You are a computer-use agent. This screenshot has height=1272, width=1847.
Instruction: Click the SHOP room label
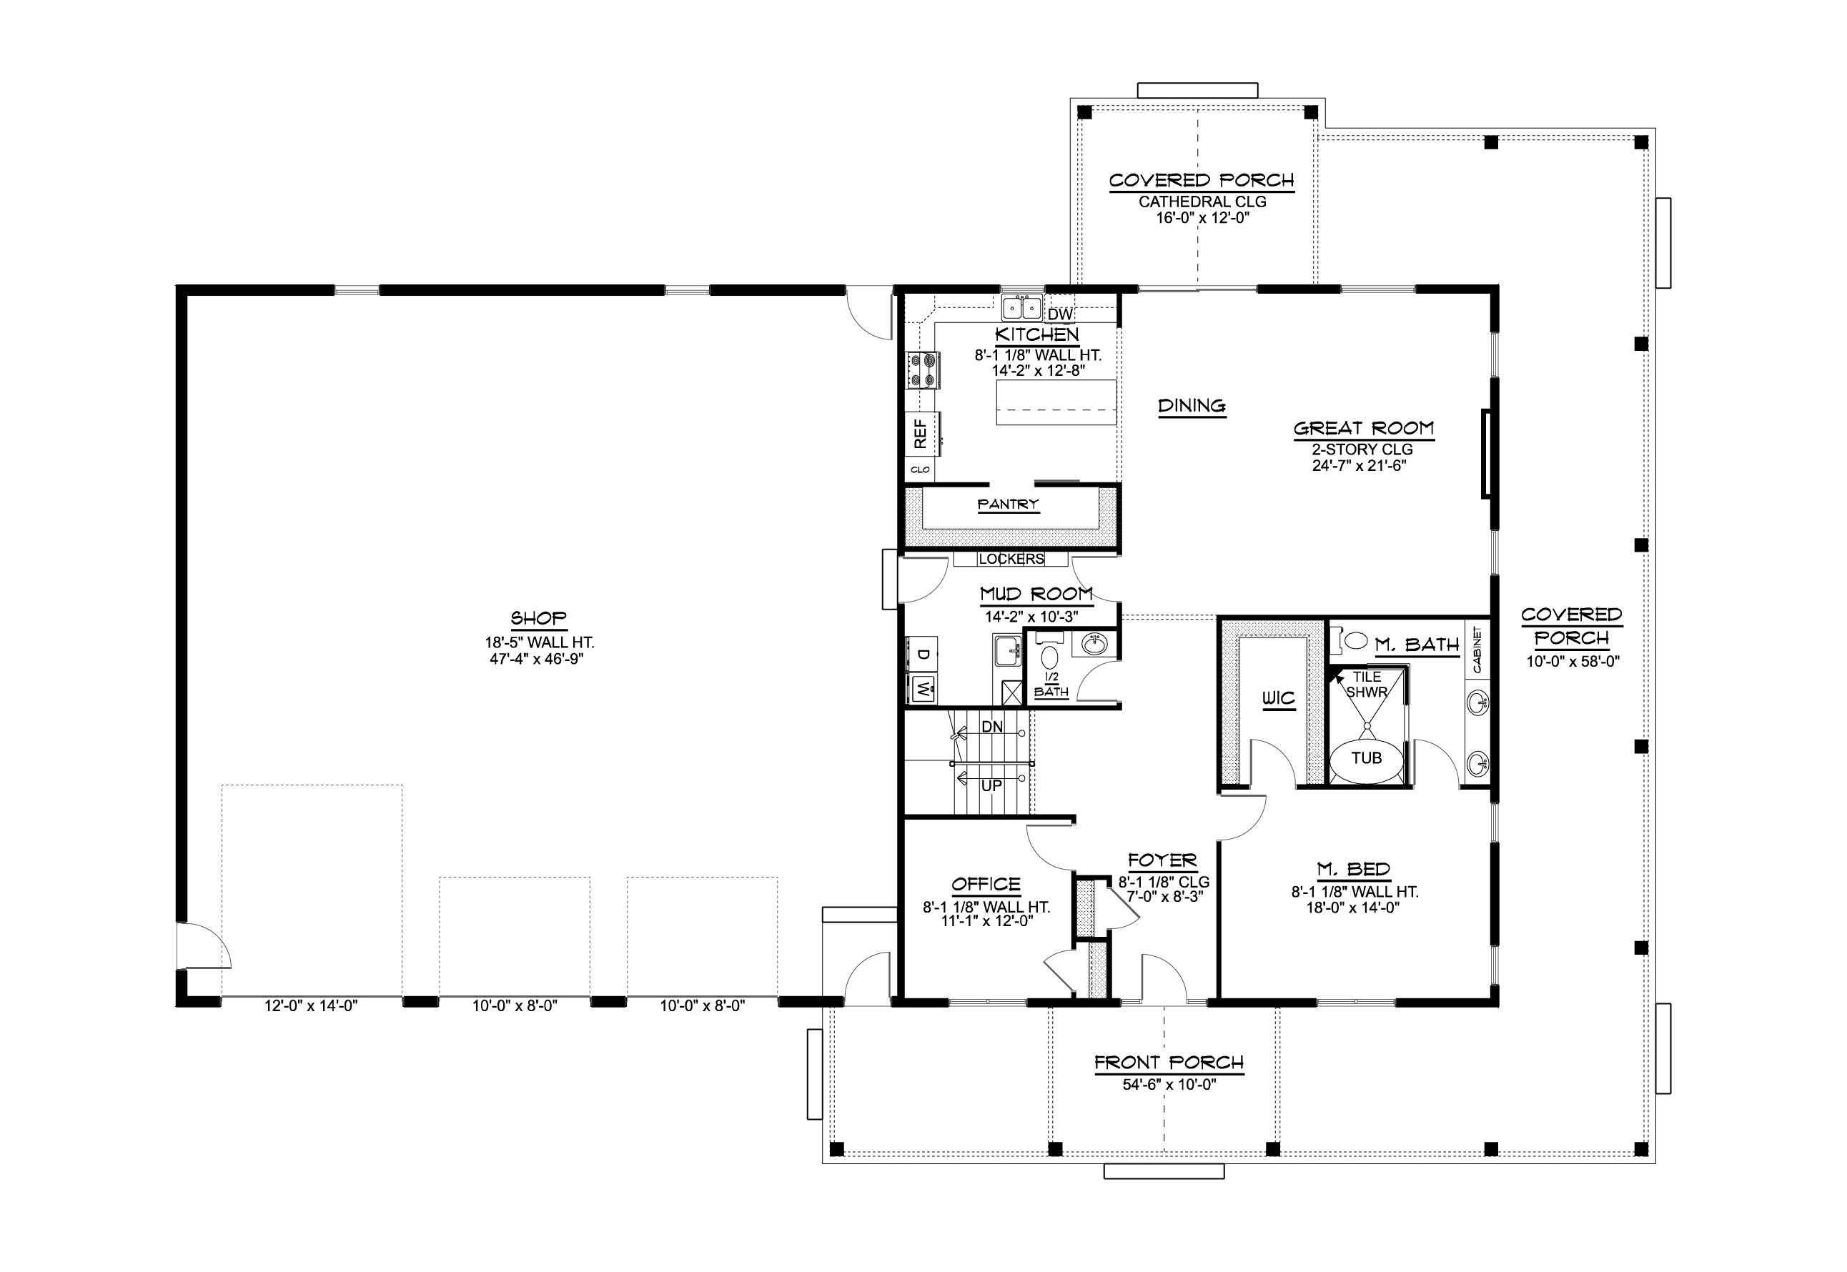538,617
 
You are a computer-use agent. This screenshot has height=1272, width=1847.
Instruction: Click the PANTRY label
1009,505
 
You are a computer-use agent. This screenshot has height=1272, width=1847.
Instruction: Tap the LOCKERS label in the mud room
1011,560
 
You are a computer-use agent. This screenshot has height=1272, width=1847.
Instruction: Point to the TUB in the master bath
1367,758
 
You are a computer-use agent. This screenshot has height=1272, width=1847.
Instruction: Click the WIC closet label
1278,700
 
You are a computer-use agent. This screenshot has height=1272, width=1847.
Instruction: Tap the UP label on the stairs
991,786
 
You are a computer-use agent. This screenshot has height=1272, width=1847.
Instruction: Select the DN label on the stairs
991,727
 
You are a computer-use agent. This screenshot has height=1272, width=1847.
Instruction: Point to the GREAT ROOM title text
1363,429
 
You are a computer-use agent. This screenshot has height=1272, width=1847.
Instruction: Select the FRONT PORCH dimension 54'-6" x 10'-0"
1169,1085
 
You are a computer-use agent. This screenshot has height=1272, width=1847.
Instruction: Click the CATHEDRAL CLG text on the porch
1202,202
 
